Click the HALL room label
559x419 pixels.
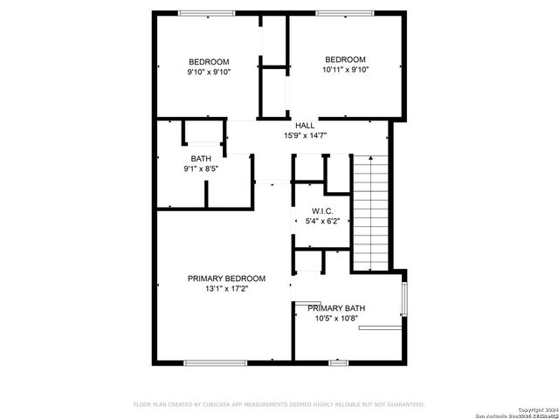pyautogui.click(x=305, y=125)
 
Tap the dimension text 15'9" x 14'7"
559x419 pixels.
pyautogui.click(x=305, y=135)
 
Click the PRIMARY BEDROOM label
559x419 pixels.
pyautogui.click(x=226, y=278)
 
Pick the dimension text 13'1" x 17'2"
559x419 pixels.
pyautogui.click(x=226, y=289)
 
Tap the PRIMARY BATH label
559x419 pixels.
pyautogui.click(x=336, y=308)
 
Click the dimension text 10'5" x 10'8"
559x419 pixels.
pyautogui.click(x=336, y=319)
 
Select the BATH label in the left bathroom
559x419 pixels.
pyautogui.click(x=202, y=158)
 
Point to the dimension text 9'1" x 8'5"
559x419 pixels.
pyautogui.click(x=202, y=168)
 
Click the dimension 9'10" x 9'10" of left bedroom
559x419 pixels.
pyautogui.click(x=209, y=72)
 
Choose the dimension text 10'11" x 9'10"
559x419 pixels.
pyautogui.click(x=345, y=70)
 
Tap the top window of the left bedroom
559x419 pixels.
pyautogui.click(x=207, y=12)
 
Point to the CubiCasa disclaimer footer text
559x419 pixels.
pyautogui.click(x=279, y=404)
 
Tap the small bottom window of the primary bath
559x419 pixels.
pyautogui.click(x=338, y=362)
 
